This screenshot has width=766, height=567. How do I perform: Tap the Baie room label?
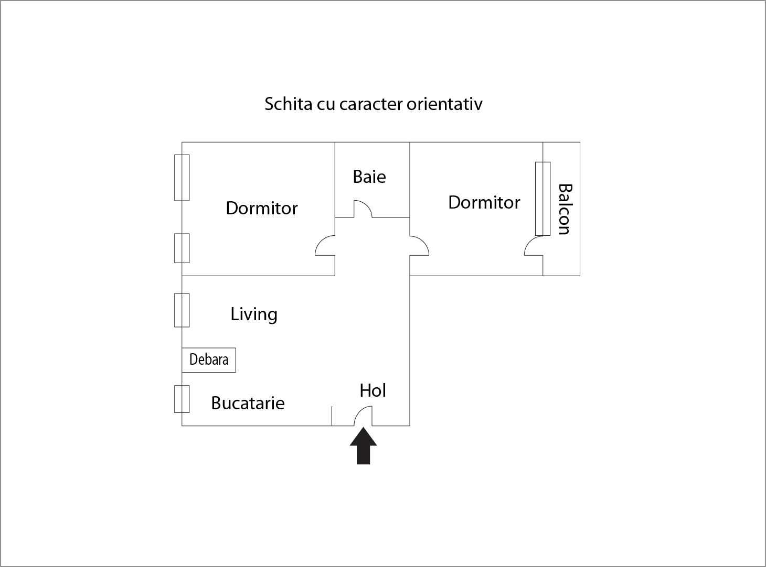click(369, 177)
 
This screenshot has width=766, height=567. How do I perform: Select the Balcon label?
click(564, 209)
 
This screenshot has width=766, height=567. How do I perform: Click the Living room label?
click(254, 314)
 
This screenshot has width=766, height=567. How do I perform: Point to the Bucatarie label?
click(248, 403)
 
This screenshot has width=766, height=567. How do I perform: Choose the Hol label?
click(373, 390)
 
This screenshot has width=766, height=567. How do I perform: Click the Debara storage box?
click(209, 360)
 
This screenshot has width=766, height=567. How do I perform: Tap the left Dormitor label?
click(262, 209)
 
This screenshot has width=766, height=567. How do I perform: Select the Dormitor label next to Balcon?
click(484, 202)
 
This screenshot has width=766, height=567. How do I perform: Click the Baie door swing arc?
click(364, 209)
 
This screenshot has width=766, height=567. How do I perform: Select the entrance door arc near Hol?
click(363, 416)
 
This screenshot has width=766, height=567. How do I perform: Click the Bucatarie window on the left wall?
click(182, 399)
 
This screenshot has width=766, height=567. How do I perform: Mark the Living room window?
click(182, 310)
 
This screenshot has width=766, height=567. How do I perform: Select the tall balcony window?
click(542, 199)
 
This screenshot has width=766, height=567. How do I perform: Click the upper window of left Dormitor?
click(182, 178)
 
